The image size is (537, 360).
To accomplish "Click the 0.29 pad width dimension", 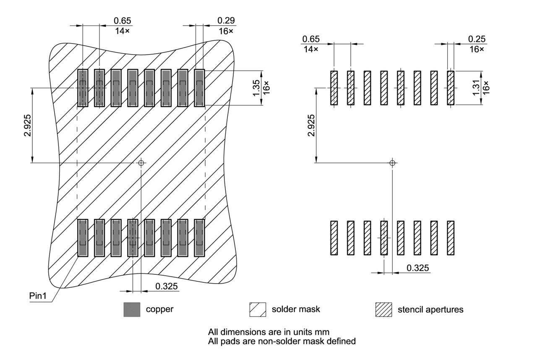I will click(x=226, y=21).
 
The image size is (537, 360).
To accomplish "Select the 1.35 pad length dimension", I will click(x=257, y=88).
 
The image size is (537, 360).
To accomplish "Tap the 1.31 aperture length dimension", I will click(x=476, y=88).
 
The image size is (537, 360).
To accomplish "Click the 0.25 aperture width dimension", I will click(x=477, y=39).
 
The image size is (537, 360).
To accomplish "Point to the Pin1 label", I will click(x=38, y=295).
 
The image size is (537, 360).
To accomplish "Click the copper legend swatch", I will click(x=132, y=310).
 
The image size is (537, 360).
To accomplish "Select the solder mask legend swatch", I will click(x=258, y=310).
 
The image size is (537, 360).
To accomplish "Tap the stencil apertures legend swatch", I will click(x=383, y=310).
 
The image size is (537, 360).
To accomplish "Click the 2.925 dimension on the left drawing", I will click(x=27, y=126).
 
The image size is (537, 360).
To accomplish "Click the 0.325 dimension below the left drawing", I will click(x=167, y=286).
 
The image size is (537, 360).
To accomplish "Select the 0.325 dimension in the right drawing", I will click(x=417, y=268).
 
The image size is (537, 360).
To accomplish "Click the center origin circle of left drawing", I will click(x=141, y=162).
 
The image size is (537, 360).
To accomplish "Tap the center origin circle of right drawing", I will click(x=392, y=162).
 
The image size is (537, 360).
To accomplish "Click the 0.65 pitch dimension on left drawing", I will click(x=122, y=21).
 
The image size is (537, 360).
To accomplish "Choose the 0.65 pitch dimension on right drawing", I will click(x=310, y=39).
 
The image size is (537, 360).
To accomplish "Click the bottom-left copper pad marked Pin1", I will click(x=83, y=237).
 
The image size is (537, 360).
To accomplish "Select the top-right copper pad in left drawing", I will click(x=199, y=88).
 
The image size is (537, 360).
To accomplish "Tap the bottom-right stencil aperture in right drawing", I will click(x=451, y=237).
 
